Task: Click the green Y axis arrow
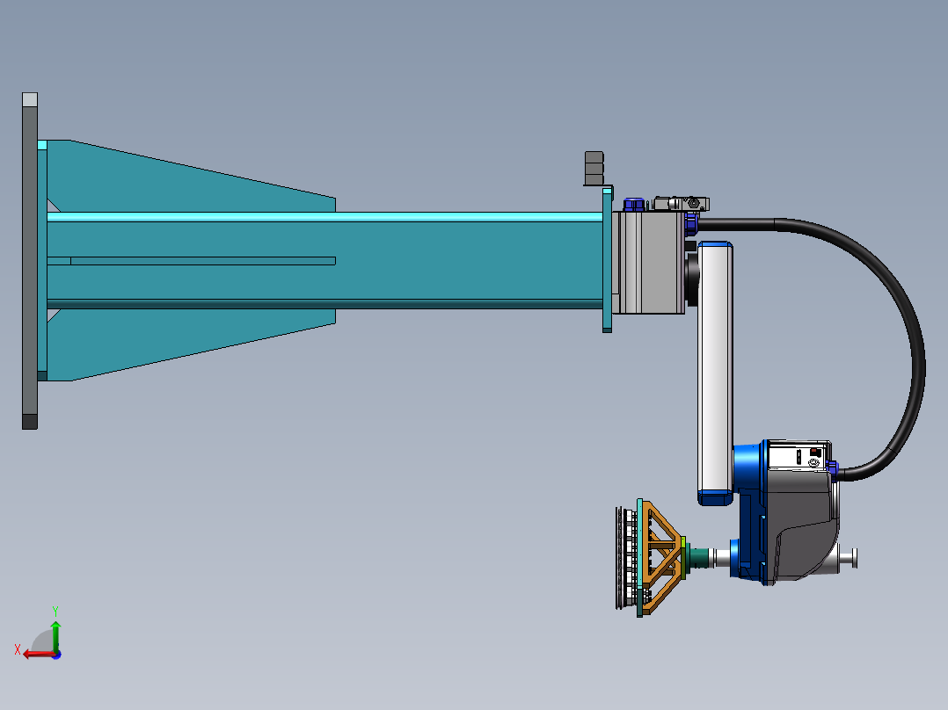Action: click(55, 635)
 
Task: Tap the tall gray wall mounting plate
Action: click(30, 261)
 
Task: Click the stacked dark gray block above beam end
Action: click(594, 168)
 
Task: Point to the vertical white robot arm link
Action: click(715, 373)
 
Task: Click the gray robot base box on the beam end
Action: click(647, 262)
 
